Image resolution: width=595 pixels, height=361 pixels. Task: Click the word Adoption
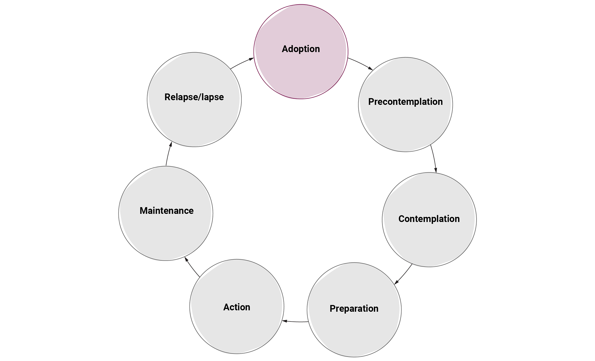click(301, 49)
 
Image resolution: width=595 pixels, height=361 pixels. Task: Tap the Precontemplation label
click(405, 102)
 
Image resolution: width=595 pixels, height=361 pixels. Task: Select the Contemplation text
click(429, 219)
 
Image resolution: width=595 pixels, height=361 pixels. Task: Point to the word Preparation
click(354, 309)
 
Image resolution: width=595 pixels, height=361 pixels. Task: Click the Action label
click(237, 307)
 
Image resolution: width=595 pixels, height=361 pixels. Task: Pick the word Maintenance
click(166, 211)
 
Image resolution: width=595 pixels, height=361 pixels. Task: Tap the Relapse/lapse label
click(194, 97)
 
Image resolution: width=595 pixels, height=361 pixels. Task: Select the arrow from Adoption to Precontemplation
click(360, 64)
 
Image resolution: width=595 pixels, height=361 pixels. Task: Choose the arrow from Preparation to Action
click(295, 321)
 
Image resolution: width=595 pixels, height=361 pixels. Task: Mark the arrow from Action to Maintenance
click(192, 267)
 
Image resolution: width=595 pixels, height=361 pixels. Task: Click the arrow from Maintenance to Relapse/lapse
click(169, 154)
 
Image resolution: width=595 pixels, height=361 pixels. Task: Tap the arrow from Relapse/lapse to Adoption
click(242, 63)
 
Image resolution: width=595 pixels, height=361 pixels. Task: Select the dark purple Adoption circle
click(301, 74)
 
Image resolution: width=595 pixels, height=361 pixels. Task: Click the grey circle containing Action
click(237, 329)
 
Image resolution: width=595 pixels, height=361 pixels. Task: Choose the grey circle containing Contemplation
click(429, 242)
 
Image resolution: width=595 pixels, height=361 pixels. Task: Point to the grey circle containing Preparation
click(354, 332)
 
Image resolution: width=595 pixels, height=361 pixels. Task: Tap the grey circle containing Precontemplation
click(405, 127)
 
